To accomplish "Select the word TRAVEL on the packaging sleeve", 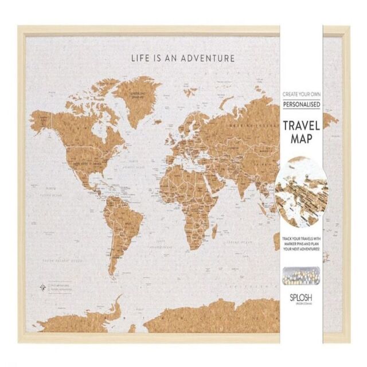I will point(300,127).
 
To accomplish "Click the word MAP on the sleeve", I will point(300,139).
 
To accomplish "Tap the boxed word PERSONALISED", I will point(300,104).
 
